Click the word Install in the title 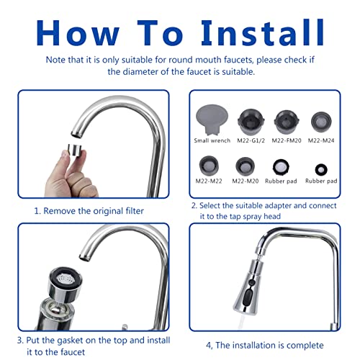(263, 32)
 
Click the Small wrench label (212, 140)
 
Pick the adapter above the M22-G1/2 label (251, 122)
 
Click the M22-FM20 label (287, 140)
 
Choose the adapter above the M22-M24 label (321, 122)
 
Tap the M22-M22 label (209, 181)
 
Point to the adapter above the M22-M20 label (245, 166)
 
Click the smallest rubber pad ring (321, 170)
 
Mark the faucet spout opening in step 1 (76, 135)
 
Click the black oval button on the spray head (247, 297)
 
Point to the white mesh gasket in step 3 (66, 279)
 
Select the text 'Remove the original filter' (94, 211)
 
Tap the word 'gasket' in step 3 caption (74, 341)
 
